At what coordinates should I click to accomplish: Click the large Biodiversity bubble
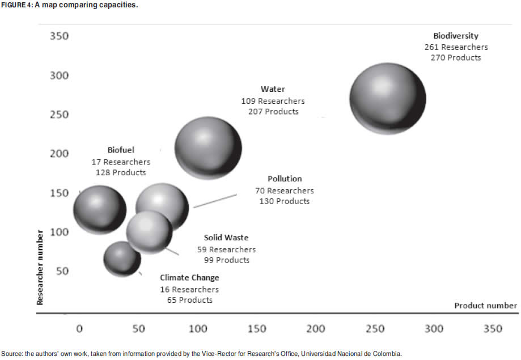click(388, 99)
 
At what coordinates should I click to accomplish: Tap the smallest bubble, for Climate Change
click(122, 259)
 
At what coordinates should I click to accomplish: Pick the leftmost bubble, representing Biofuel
click(100, 209)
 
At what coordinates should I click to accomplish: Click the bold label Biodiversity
click(456, 36)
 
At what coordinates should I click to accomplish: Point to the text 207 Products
click(273, 112)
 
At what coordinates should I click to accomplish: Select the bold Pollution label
click(285, 179)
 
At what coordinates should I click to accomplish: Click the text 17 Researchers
click(121, 162)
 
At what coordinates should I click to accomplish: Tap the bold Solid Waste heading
click(226, 238)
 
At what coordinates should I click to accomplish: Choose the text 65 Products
click(189, 300)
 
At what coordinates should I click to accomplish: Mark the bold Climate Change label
click(189, 278)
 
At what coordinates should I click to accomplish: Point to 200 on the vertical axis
click(59, 154)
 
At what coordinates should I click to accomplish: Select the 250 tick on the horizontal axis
click(375, 329)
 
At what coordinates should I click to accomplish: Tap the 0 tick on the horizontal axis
click(79, 329)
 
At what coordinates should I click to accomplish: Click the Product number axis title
click(485, 306)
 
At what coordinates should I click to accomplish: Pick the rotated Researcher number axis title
click(40, 267)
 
